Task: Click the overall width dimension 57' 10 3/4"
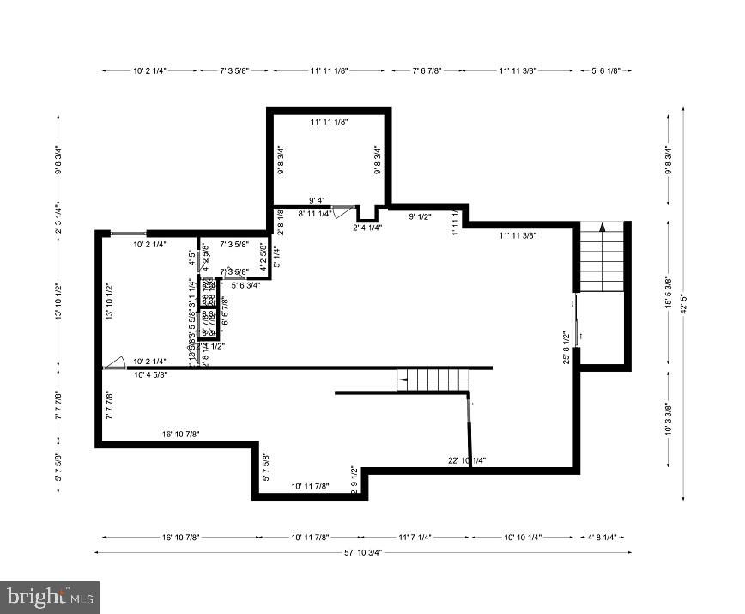(362, 553)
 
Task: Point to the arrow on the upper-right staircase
(603, 228)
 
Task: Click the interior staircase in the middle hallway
(433, 379)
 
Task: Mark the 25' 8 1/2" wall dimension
(566, 348)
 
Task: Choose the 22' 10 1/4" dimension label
(467, 460)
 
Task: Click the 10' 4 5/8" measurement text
(151, 374)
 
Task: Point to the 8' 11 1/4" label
(315, 213)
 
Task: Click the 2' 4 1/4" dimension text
(367, 228)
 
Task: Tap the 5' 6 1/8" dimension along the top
(607, 71)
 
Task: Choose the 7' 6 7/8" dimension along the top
(426, 71)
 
